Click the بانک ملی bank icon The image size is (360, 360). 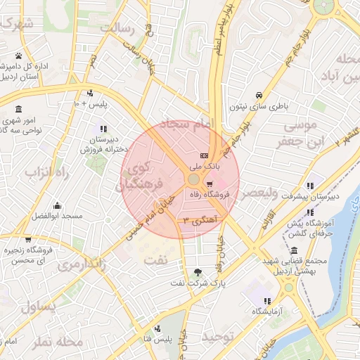point(204,155)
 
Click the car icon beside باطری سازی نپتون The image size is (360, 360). point(259,95)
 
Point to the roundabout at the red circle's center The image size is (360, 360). point(193,180)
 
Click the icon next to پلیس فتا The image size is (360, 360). point(157,328)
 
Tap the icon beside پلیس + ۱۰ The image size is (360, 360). point(89,94)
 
